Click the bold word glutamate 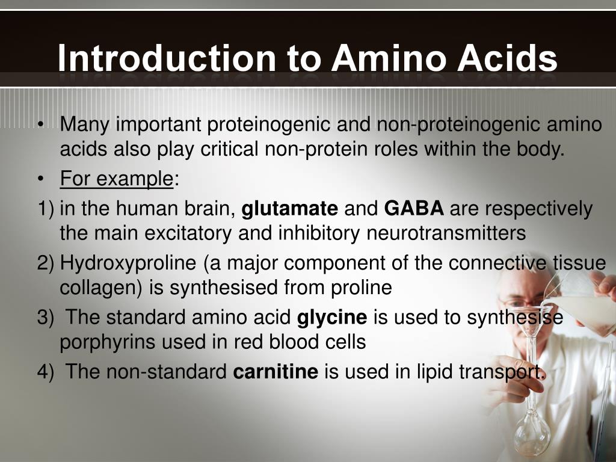[x=289, y=209]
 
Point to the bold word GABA [x=414, y=209]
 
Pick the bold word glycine [x=332, y=318]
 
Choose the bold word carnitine [x=276, y=372]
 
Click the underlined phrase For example [x=116, y=179]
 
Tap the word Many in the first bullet [x=84, y=125]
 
